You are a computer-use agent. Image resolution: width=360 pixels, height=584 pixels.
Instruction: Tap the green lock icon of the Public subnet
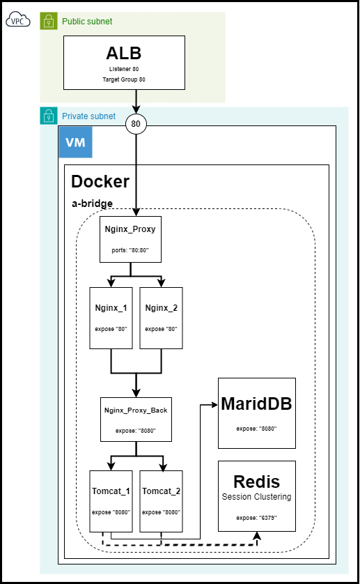point(48,22)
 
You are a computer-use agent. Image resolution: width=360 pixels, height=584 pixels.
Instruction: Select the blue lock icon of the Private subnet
point(48,116)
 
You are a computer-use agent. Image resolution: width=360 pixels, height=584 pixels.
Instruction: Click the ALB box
point(125,63)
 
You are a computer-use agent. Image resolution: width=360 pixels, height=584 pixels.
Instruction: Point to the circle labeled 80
point(136,125)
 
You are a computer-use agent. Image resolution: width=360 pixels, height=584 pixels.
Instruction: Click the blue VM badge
point(75,142)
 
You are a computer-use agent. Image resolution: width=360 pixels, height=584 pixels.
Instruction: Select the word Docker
point(100,182)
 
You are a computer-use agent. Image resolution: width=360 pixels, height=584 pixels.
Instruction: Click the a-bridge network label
point(93,203)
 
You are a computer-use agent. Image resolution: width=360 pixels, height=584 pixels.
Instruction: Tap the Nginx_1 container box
point(111,317)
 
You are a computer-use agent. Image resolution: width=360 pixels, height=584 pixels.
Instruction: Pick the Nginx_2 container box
point(161,317)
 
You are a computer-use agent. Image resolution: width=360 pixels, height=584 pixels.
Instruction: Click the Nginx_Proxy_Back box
point(135,419)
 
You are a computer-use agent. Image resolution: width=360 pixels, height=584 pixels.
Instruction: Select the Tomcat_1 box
point(111,500)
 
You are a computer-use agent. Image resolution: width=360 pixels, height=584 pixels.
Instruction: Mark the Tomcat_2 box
point(161,500)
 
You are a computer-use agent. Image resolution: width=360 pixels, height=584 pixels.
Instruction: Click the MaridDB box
point(256,413)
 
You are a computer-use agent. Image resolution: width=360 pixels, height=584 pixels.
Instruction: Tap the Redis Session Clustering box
point(256,495)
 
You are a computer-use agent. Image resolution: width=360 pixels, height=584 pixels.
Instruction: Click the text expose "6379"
point(256,518)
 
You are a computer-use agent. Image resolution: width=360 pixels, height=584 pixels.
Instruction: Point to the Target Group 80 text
point(125,80)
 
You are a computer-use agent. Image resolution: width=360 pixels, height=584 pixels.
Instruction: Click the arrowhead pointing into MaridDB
point(214,404)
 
